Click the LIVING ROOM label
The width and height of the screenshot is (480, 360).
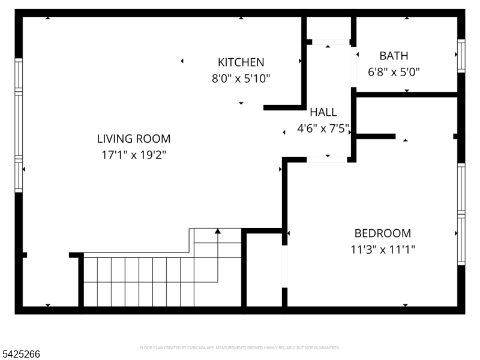133,139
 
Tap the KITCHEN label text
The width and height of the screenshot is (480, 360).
241,62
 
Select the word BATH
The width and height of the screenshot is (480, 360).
394,56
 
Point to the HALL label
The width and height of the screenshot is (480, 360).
323,112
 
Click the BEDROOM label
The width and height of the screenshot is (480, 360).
383,233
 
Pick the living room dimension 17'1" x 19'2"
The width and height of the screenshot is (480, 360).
133,155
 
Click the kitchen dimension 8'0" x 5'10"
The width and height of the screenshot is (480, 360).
241,78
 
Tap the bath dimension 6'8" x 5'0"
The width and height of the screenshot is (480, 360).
394,72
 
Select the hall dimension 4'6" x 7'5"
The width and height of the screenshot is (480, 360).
323,128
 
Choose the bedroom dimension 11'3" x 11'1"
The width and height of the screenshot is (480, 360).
383,249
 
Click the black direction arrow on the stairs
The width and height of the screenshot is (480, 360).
218,231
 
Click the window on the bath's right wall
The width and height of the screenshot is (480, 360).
461,56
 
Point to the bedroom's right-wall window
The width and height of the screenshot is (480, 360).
461,214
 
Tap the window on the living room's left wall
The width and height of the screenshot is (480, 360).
19,125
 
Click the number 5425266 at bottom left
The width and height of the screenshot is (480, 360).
21,355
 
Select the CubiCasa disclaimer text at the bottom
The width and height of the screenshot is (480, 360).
240,347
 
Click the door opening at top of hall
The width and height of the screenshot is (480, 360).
328,42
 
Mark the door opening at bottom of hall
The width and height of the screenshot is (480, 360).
327,159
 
